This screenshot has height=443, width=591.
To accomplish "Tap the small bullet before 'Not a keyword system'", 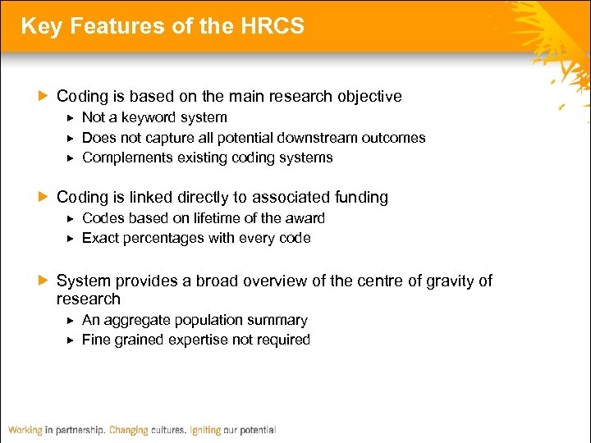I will (x=71, y=118).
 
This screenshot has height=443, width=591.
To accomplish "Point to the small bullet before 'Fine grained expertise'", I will (x=71, y=340).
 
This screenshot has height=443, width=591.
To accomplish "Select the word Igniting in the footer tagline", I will (x=204, y=430).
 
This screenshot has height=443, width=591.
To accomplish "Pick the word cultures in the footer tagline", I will (x=168, y=430).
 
